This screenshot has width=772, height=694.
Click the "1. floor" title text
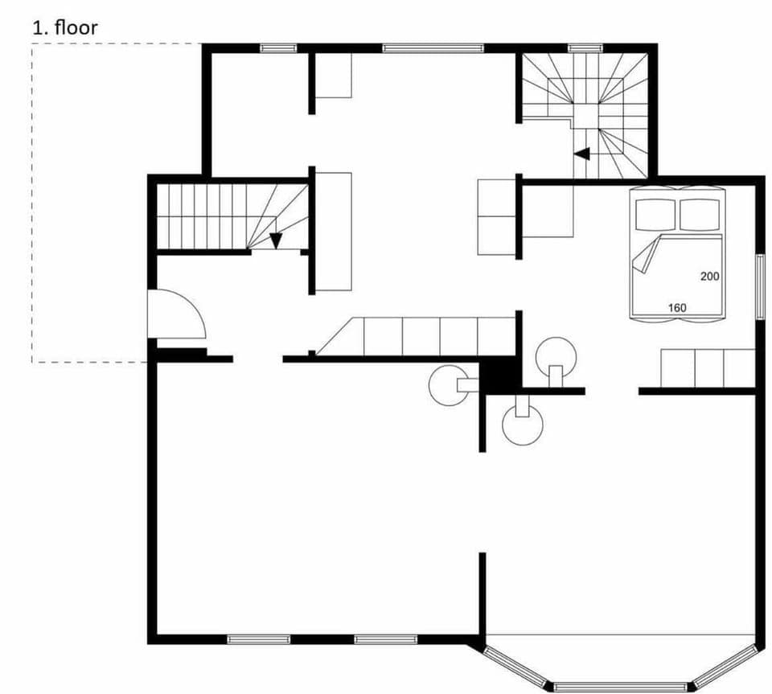64,27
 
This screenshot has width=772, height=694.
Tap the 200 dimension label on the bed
708,276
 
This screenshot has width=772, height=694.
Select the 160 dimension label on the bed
677,307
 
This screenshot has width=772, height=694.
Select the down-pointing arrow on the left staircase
276,240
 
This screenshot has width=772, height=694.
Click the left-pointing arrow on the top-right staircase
581,154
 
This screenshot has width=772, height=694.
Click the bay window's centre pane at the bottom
620,687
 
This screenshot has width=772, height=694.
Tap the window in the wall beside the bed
759,285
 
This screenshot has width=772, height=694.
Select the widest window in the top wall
433,48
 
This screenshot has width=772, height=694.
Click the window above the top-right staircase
585,48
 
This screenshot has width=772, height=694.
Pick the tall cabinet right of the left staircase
333,231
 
